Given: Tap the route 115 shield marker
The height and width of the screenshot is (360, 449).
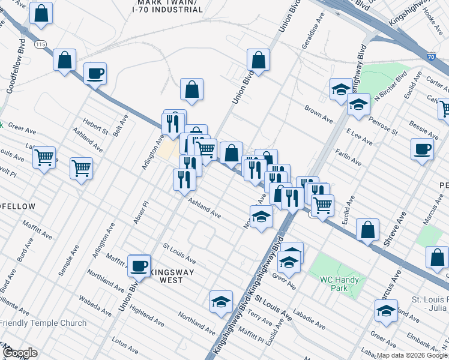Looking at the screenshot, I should pos(40,45).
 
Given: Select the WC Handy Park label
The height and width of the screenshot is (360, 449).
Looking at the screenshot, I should pos(339,284).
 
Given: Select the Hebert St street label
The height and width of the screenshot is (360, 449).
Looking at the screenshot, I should pos(96,127).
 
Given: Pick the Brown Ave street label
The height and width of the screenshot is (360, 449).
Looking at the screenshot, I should pos(318,115).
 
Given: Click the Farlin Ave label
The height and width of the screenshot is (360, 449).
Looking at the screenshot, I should pos(348,157).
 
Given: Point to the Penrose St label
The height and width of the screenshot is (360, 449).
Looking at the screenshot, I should pos(384,126).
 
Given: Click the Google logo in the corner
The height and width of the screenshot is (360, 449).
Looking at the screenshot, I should pos(20,353).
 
